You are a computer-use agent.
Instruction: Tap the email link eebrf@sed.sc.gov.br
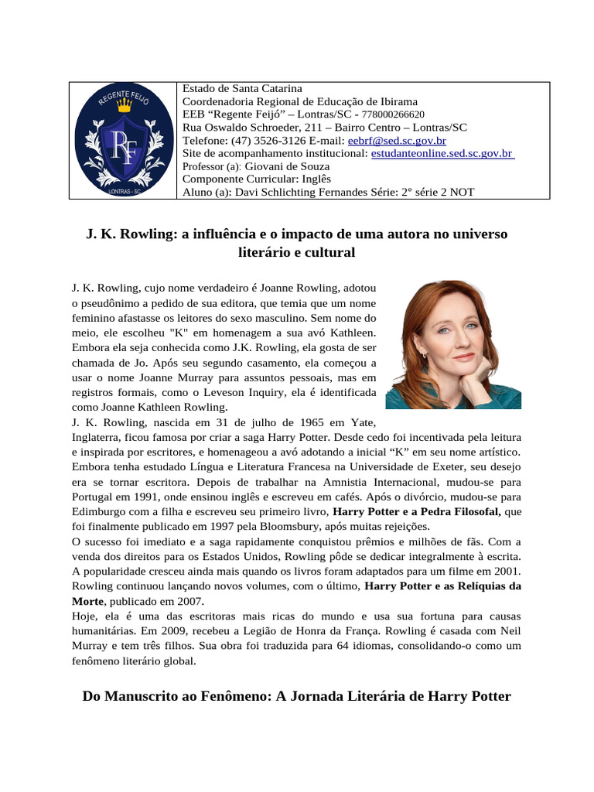click(397, 141)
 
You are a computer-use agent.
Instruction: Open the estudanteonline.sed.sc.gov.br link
click(442, 153)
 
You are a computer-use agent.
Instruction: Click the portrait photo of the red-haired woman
click(452, 345)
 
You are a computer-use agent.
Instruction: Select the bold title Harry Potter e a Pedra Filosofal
click(417, 511)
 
